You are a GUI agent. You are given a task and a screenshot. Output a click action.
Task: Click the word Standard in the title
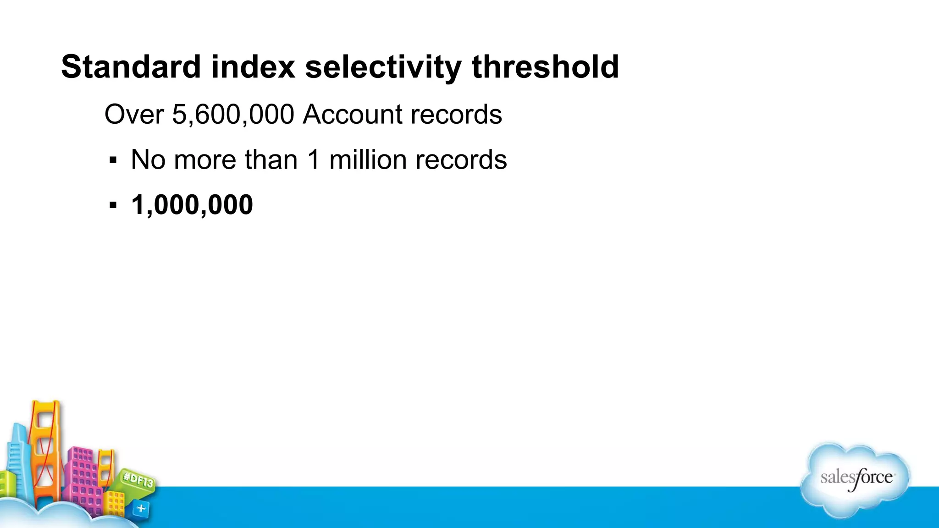[131, 67]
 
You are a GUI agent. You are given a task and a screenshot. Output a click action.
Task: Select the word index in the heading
[253, 67]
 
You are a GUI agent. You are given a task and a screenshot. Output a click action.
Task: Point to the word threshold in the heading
[545, 67]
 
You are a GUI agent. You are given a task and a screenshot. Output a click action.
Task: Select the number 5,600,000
[233, 115]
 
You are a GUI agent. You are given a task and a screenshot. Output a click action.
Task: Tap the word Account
[353, 114]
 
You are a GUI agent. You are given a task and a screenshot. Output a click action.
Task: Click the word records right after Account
[456, 114]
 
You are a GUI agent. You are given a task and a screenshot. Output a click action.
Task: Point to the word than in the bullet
[271, 159]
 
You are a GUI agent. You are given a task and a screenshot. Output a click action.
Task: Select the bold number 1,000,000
[192, 204]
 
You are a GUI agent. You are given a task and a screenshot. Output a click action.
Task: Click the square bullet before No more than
[113, 160]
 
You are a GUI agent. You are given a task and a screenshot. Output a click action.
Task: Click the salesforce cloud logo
[856, 479]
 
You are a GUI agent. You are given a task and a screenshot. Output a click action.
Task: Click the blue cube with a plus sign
[141, 508]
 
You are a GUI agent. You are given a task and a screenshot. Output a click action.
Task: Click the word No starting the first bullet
[148, 159]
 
